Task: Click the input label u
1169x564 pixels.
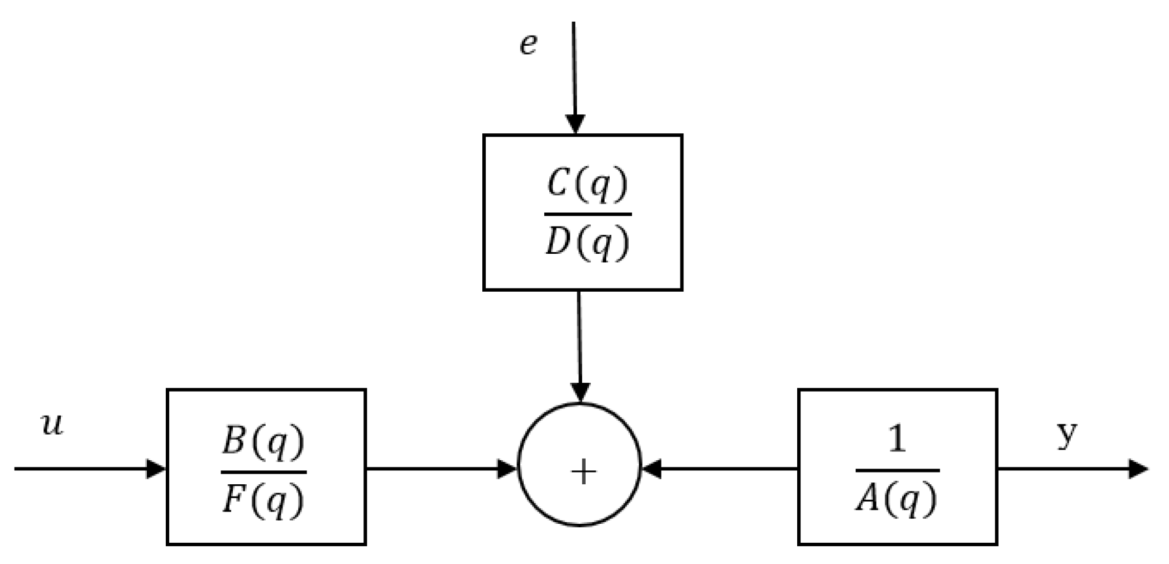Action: click(x=52, y=425)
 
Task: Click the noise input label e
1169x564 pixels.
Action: click(x=528, y=45)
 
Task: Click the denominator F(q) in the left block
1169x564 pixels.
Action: click(x=263, y=500)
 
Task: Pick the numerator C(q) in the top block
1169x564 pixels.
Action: click(x=587, y=185)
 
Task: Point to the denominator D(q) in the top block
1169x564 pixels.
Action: click(x=587, y=244)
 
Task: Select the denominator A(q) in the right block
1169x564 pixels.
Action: click(x=897, y=499)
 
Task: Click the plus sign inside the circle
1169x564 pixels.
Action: click(x=584, y=473)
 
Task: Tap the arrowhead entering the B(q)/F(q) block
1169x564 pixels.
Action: click(x=156, y=469)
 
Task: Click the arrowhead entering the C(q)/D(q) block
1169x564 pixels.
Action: click(x=575, y=124)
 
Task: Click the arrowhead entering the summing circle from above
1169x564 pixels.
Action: click(x=581, y=392)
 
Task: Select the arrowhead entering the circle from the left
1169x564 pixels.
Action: click(x=507, y=469)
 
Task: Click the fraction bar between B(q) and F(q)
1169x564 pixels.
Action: click(x=263, y=472)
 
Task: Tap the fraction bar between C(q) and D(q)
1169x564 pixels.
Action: click(x=587, y=214)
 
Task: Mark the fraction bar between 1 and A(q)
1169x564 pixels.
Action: click(x=897, y=470)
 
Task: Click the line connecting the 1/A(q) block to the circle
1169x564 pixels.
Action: click(x=726, y=469)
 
